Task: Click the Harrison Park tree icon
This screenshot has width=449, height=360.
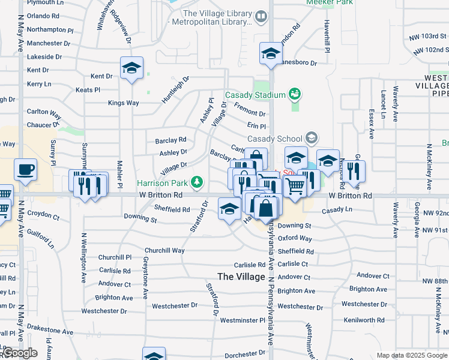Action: coord(196,182)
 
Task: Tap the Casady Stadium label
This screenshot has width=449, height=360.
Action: coord(255,95)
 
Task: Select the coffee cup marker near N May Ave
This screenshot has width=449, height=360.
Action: coord(26,170)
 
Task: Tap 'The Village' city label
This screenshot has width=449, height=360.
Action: coord(241,277)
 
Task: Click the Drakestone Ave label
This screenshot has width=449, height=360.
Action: coord(52,331)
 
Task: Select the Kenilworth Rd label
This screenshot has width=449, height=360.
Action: coord(364,320)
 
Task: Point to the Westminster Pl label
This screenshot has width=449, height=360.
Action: coord(243,320)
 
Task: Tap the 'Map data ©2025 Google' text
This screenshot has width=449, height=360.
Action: coord(412,355)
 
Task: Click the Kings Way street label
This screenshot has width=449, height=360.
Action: coord(123,103)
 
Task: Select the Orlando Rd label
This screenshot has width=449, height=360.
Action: coord(43,16)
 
